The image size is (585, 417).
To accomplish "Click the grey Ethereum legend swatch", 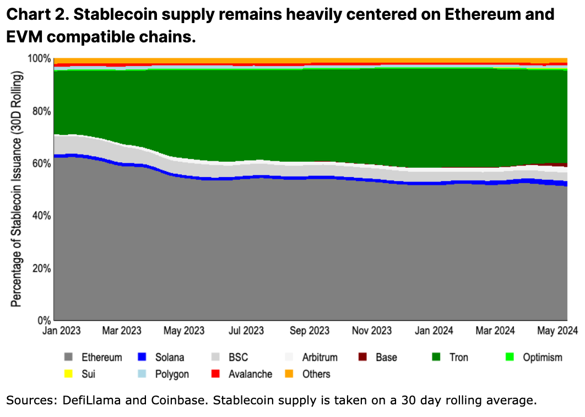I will [69, 358].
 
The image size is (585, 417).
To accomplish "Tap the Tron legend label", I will [458, 358].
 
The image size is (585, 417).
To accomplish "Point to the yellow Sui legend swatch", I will [69, 374].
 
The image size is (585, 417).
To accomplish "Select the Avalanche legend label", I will [250, 374].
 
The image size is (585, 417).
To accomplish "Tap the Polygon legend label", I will [172, 374].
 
